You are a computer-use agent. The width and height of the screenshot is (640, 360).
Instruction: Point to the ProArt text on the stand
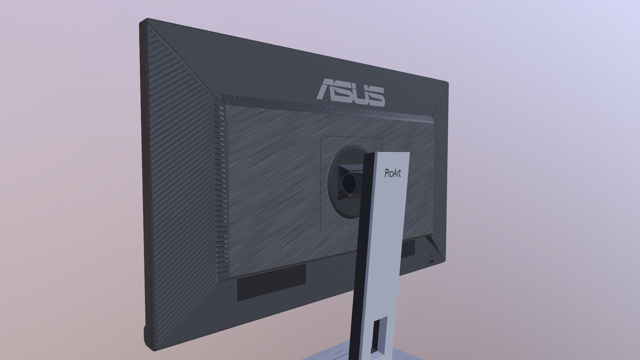[393, 173]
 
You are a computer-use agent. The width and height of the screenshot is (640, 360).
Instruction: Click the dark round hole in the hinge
[349, 183]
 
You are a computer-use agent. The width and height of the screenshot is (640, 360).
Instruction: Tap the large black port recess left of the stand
[271, 284]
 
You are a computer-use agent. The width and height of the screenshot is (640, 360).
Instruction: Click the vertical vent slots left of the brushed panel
[220, 187]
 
